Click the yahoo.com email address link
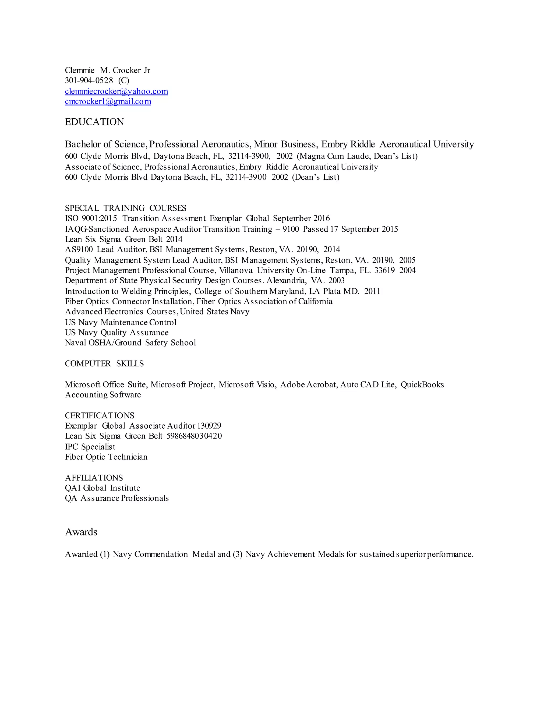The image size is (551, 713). [116, 91]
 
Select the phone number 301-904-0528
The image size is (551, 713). [89, 80]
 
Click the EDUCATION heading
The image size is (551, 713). [94, 122]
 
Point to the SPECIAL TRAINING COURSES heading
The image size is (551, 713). [126, 208]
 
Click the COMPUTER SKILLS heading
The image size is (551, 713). [104, 364]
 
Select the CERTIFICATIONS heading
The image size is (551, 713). [100, 416]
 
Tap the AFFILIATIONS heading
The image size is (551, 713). [94, 478]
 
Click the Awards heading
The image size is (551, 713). [81, 532]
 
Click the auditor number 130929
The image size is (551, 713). [209, 426]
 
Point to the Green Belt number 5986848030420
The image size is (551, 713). [194, 436]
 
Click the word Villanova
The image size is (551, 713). [236, 270]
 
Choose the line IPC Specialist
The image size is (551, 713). [90, 447]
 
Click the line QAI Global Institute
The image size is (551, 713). [103, 488]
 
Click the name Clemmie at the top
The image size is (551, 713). [80, 70]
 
